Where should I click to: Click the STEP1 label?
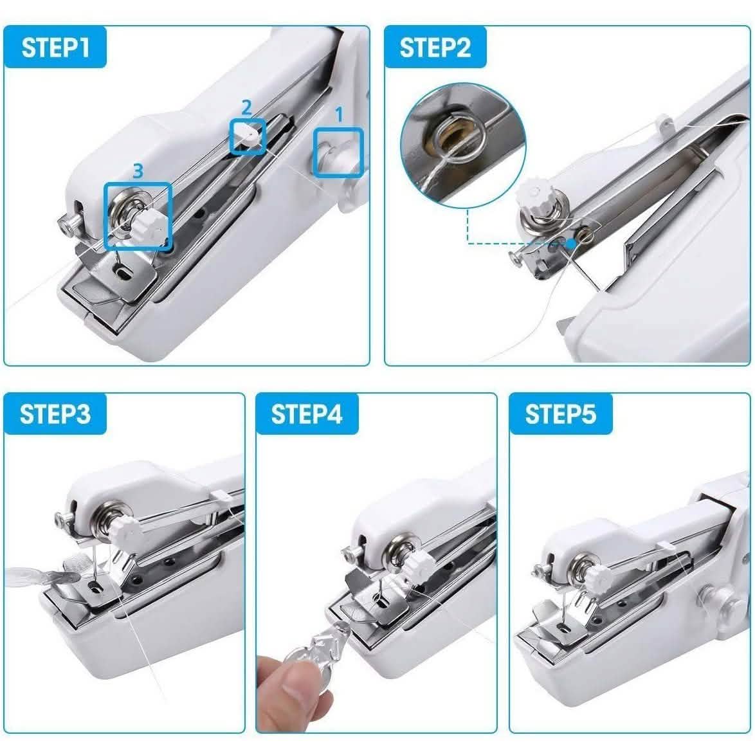coord(55,48)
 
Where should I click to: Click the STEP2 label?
coord(435,48)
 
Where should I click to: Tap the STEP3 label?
coord(55,414)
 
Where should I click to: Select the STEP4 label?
coord(307,414)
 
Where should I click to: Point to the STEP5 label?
coord(560,414)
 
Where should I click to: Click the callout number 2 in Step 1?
coord(246,107)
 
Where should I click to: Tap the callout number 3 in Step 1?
coord(138,170)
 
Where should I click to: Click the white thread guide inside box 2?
coord(246,136)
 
